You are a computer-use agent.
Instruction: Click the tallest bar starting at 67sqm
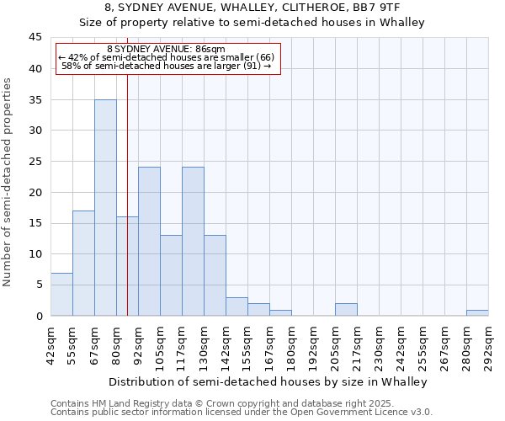(105, 207)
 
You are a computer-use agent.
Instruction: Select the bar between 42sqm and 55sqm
(61, 294)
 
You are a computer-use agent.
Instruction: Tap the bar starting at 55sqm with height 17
(83, 263)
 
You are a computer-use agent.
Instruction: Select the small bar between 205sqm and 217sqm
(346, 310)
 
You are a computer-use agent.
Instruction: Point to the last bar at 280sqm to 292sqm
(477, 312)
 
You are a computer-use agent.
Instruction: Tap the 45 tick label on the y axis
(35, 38)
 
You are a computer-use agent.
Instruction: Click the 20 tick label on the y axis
(35, 192)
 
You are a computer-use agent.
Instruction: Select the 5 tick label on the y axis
(39, 285)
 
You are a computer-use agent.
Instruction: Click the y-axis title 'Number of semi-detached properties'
(8, 182)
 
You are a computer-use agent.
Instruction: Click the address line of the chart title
(252, 8)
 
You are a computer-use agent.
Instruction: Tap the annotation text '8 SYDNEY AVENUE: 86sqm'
(166, 50)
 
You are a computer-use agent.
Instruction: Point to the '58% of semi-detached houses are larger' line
(167, 66)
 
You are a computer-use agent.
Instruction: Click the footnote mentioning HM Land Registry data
(235, 403)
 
